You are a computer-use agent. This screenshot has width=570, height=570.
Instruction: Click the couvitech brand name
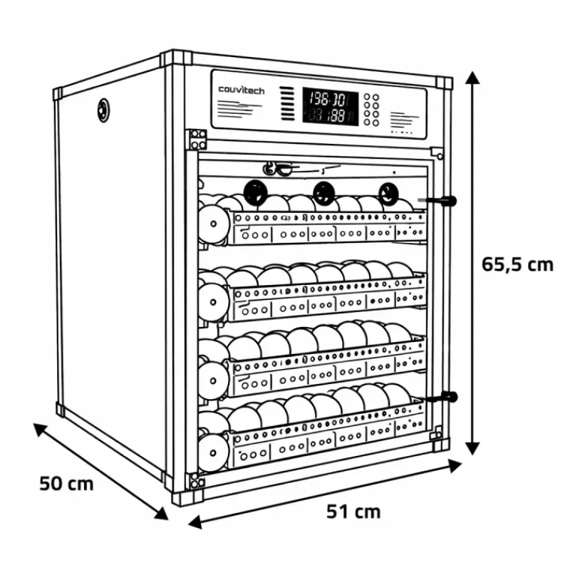(x=242, y=90)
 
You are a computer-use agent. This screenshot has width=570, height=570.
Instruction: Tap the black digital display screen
(x=330, y=106)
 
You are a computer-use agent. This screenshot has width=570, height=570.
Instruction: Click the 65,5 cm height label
(x=517, y=264)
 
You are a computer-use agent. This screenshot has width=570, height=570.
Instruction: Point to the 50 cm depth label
(x=66, y=483)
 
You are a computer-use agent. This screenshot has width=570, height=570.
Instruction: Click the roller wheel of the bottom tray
(x=212, y=450)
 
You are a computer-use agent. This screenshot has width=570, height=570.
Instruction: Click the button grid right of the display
(x=371, y=108)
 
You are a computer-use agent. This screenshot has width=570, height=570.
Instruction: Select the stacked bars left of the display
(x=286, y=104)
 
